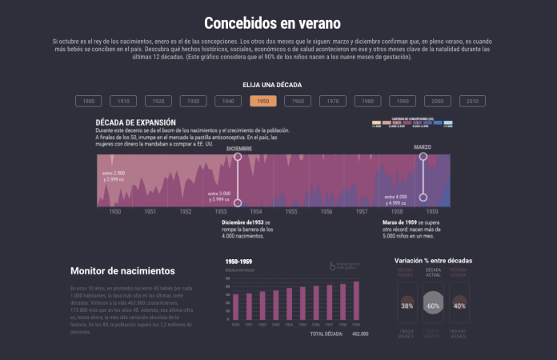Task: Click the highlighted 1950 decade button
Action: tap(263, 102)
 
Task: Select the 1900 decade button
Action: tap(88, 102)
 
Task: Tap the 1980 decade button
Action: tap(367, 102)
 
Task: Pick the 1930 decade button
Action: tap(193, 102)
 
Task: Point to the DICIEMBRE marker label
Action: tap(238, 149)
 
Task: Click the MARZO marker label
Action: tap(423, 147)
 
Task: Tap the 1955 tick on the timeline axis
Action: tap(291, 211)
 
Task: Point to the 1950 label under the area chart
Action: tap(115, 211)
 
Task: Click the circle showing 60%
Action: tap(433, 306)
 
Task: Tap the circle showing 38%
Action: tap(407, 306)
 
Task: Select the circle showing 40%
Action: tap(459, 306)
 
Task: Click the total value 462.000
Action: tap(360, 334)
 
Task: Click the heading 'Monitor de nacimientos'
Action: tap(122, 271)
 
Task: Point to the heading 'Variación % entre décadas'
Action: tap(433, 261)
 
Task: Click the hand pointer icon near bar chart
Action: tap(332, 266)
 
